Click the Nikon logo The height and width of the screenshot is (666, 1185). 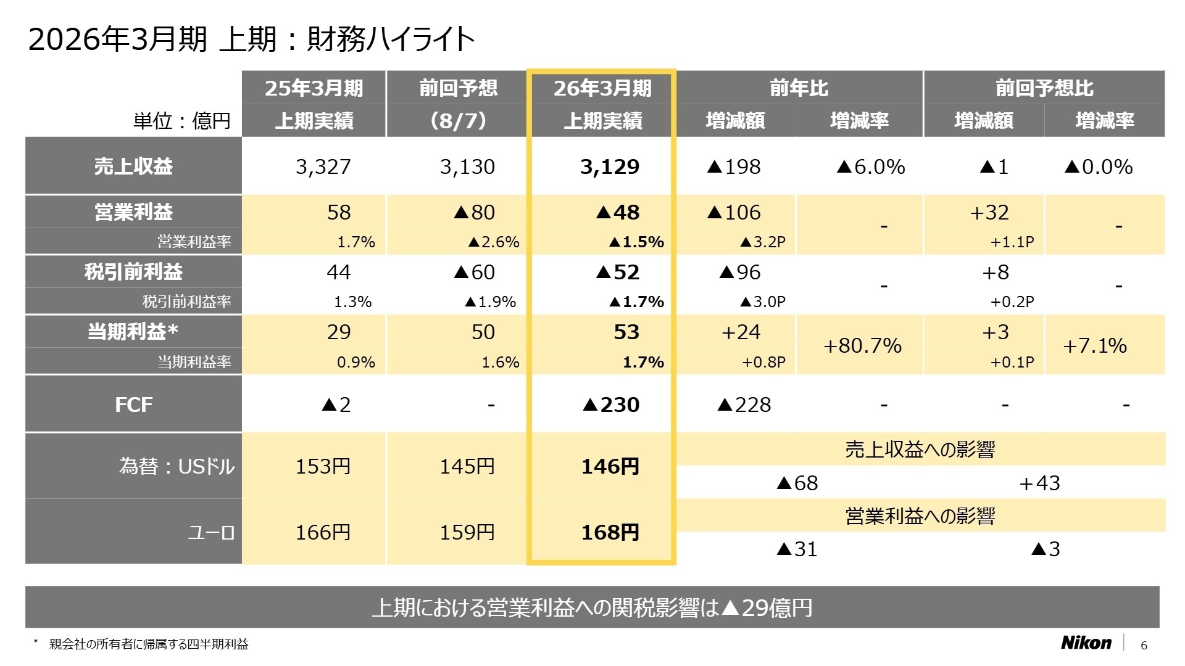(x=1086, y=643)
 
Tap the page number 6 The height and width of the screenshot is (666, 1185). (x=1144, y=645)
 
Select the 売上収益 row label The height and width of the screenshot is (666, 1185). (x=133, y=166)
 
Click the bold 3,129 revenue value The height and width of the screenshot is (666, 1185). (x=610, y=166)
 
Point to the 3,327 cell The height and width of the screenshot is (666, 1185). (x=323, y=166)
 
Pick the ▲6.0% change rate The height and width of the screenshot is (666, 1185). (x=870, y=166)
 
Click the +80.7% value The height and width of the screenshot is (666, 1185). (x=862, y=345)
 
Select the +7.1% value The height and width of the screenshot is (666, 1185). (x=1094, y=345)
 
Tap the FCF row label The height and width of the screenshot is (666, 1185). (x=133, y=405)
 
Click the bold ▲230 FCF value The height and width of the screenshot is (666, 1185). (x=611, y=405)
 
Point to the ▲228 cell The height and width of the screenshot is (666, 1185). (x=744, y=405)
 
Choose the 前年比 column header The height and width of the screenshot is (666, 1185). (x=799, y=88)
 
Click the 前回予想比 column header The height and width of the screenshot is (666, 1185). (x=1044, y=88)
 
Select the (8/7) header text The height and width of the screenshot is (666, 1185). (x=458, y=120)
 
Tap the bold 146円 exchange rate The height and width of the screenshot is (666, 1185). (x=610, y=466)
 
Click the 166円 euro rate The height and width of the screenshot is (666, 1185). (x=323, y=532)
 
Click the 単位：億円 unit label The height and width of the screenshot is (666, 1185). (x=181, y=120)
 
